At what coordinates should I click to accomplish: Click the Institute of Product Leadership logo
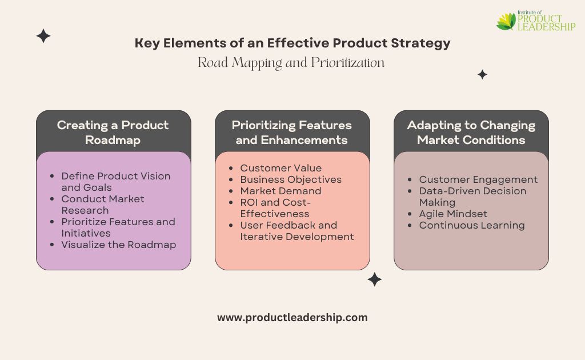pyautogui.click(x=536, y=21)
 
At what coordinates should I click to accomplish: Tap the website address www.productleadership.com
pyautogui.click(x=292, y=318)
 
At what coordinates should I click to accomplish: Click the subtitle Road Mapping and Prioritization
pyautogui.click(x=291, y=63)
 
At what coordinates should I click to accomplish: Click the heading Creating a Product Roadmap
pyautogui.click(x=113, y=133)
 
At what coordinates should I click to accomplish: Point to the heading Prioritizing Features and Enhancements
pyautogui.click(x=292, y=133)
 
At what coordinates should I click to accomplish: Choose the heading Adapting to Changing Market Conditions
pyautogui.click(x=471, y=133)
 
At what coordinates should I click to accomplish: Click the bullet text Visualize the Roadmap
pyautogui.click(x=119, y=245)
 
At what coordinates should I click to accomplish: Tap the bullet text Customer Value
pyautogui.click(x=281, y=168)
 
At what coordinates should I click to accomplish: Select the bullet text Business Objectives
pyautogui.click(x=291, y=180)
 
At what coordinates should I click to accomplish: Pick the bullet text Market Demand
pyautogui.click(x=281, y=191)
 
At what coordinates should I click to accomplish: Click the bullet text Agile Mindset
pyautogui.click(x=453, y=214)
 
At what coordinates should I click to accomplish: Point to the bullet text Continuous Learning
pyautogui.click(x=472, y=225)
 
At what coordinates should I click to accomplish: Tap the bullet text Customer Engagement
pyautogui.click(x=478, y=180)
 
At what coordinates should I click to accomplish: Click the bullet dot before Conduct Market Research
pyautogui.click(x=52, y=199)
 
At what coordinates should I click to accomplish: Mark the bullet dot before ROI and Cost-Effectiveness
pyautogui.click(x=231, y=202)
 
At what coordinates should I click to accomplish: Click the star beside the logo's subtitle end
pyautogui.click(x=482, y=75)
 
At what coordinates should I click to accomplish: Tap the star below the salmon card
pyautogui.click(x=375, y=279)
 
